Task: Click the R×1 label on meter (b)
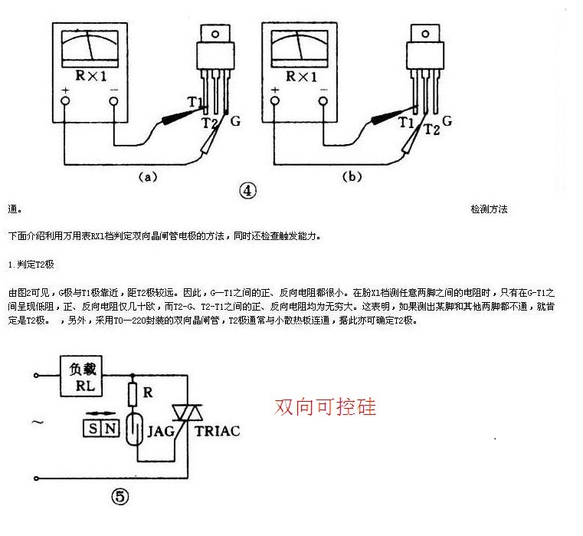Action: click(x=301, y=77)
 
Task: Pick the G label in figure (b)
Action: click(x=447, y=120)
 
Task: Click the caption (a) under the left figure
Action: click(x=148, y=177)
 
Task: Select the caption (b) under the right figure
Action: click(x=351, y=177)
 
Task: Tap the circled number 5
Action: click(x=120, y=497)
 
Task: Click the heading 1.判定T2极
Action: click(x=31, y=264)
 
